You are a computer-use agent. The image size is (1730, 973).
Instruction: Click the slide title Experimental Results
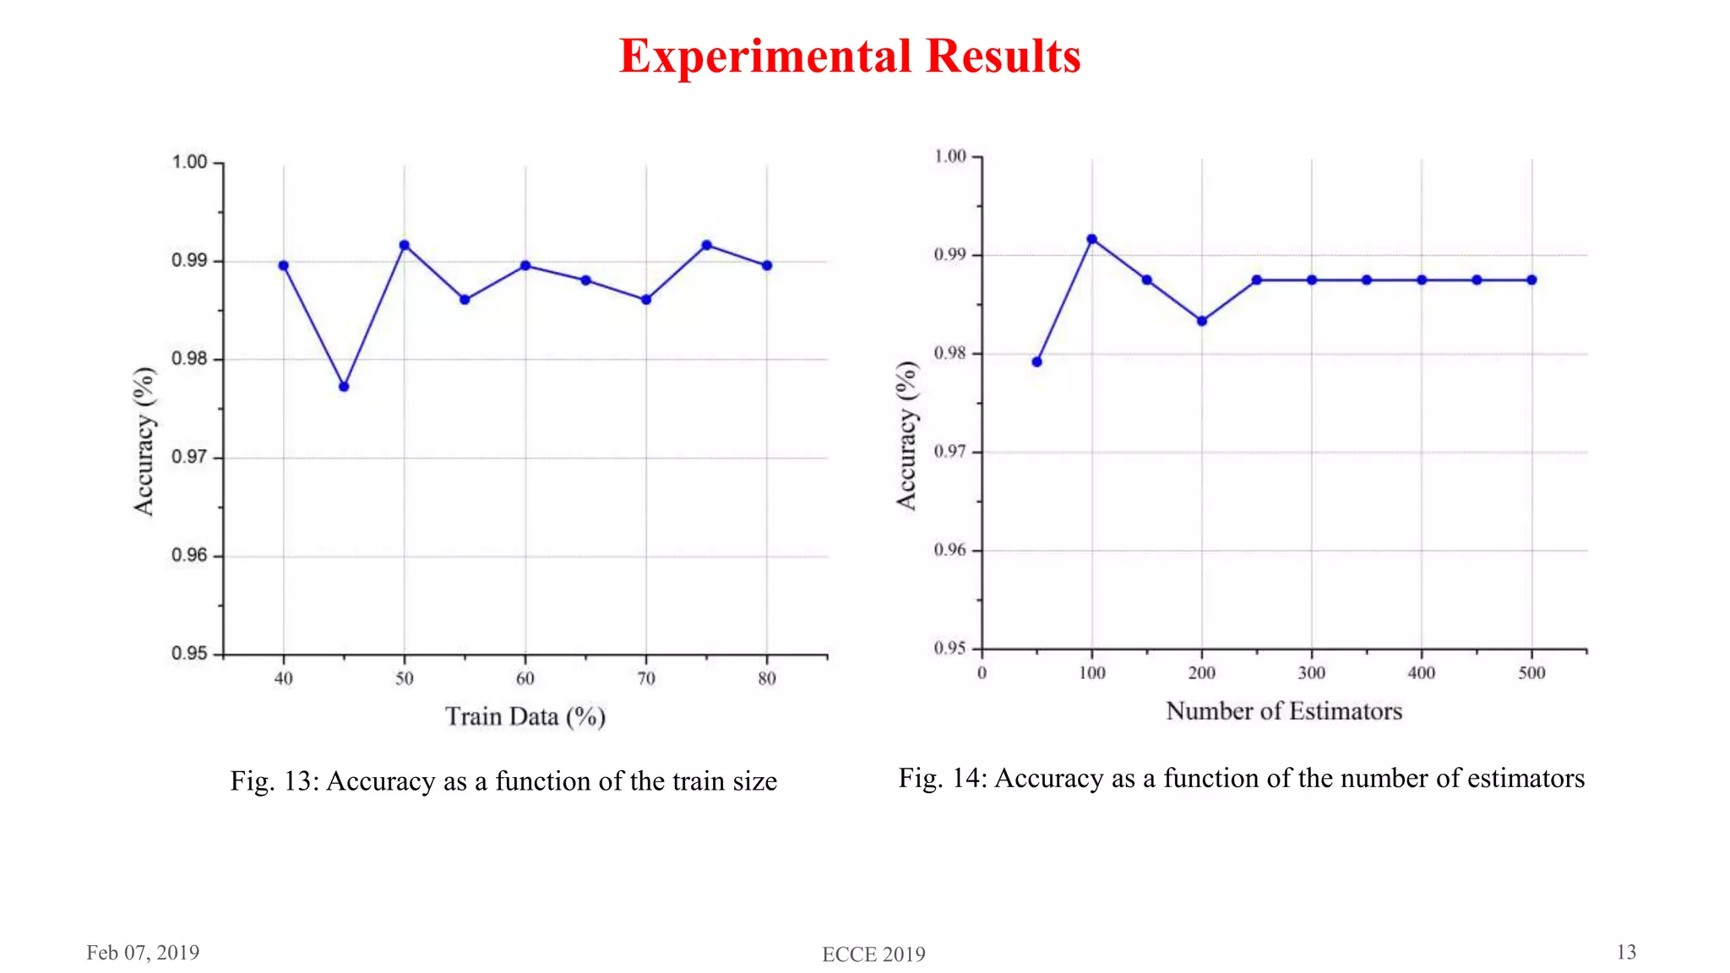(850, 57)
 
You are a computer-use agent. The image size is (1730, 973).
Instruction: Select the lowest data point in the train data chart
(344, 387)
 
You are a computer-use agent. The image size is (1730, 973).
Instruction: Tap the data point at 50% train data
(405, 246)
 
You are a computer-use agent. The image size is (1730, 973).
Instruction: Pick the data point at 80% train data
(767, 266)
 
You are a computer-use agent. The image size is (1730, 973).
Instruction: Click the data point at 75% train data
(707, 246)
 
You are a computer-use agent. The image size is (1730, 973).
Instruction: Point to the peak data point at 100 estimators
(1092, 239)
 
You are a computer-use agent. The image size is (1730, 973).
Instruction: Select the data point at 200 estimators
(1202, 321)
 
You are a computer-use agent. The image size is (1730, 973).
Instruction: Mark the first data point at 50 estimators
(1037, 362)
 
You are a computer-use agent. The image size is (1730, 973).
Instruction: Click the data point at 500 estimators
(1532, 280)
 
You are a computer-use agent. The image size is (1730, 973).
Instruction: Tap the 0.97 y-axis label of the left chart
(189, 458)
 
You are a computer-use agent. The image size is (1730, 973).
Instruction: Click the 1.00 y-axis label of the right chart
(950, 156)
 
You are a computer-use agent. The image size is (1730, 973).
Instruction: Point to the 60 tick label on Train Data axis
(525, 679)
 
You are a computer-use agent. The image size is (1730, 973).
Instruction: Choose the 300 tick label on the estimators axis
(1312, 673)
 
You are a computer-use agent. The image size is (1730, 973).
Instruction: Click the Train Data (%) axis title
(525, 717)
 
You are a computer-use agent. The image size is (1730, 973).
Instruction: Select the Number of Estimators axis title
(1284, 711)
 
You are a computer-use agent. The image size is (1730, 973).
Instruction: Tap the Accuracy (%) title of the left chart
(144, 441)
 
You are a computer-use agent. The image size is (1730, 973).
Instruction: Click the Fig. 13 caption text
(503, 781)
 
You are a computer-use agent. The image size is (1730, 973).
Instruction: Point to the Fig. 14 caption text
(1242, 778)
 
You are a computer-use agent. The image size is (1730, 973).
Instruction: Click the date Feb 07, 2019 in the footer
(143, 953)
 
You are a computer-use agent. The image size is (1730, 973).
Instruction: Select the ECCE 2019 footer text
(873, 954)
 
